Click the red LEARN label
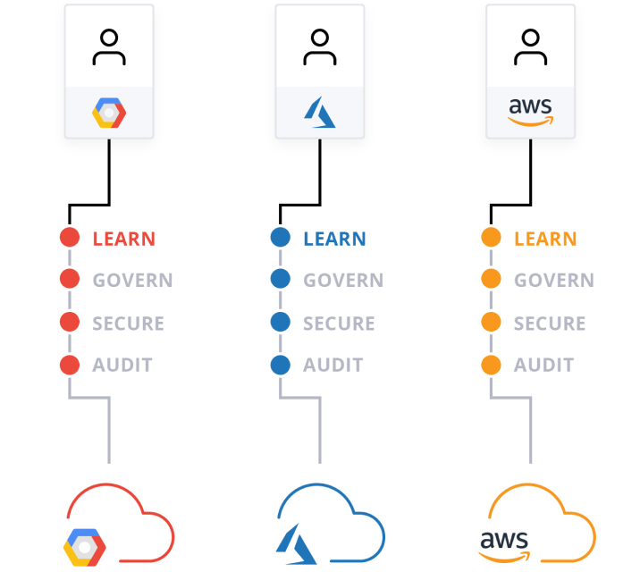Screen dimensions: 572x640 [123, 239]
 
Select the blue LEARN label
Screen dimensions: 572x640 [334, 239]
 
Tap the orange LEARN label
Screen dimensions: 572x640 [545, 239]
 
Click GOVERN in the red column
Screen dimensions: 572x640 [132, 280]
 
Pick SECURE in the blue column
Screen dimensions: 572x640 [339, 323]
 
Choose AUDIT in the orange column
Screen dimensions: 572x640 [543, 365]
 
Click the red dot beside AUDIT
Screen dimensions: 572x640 [70, 365]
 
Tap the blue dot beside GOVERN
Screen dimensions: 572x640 [281, 279]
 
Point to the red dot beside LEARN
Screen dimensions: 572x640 [70, 238]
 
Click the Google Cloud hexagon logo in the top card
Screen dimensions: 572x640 [109, 114]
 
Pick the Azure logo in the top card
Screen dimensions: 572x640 [319, 114]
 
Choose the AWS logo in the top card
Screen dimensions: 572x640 [530, 113]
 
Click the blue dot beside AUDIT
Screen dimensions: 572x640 [281, 365]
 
